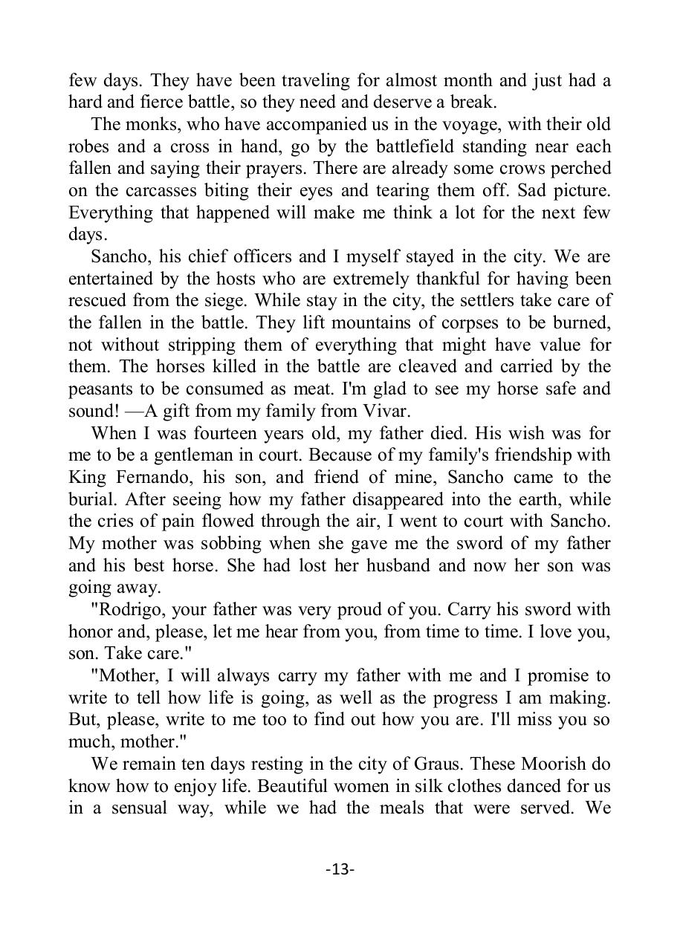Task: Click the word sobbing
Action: point(224,543)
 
